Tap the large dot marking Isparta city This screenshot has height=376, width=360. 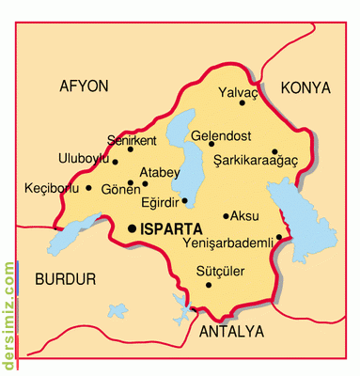click(x=132, y=227)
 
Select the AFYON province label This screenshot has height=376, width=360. click(x=84, y=86)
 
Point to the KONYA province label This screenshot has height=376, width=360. click(x=306, y=87)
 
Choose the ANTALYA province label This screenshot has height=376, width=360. click(x=231, y=333)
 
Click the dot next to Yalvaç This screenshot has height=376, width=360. click(x=243, y=117)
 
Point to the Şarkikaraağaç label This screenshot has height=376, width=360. click(x=255, y=161)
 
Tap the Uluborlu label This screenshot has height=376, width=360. click(x=84, y=157)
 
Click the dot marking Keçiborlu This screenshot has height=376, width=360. click(x=89, y=187)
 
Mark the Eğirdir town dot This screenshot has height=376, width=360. click(x=185, y=200)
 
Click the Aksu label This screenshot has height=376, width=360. click(x=244, y=215)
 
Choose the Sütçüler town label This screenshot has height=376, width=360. click(x=219, y=272)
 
